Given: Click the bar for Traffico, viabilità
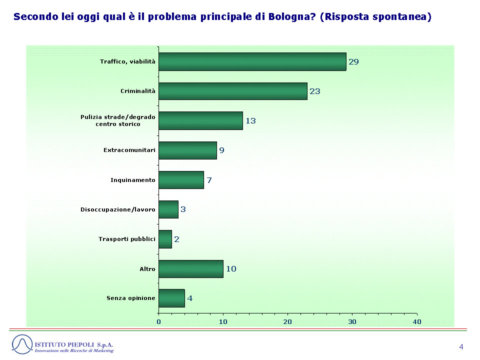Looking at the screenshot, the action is [x=252, y=61].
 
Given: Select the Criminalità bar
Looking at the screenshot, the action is [x=233, y=91].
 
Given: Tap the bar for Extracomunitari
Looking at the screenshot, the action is [x=187, y=150].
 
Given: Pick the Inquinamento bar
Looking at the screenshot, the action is [x=181, y=180].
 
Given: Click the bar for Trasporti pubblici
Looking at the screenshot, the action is [x=165, y=239].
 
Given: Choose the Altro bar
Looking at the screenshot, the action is [x=191, y=269].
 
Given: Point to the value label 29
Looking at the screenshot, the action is [x=353, y=62].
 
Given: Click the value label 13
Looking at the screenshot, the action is [x=250, y=121].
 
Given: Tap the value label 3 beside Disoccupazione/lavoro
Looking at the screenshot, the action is [x=183, y=209].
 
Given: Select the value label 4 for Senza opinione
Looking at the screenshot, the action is [x=190, y=298].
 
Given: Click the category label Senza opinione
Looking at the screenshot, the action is [x=131, y=298].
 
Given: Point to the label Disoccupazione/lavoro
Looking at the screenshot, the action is [x=118, y=209].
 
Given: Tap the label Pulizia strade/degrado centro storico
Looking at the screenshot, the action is [x=118, y=120].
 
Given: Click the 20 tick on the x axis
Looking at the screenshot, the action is [x=287, y=321].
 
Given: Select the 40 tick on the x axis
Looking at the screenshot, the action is [x=417, y=321].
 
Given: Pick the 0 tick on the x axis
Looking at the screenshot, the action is [x=158, y=321].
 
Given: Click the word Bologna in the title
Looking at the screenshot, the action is [x=291, y=17].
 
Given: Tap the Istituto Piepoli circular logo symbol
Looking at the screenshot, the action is [x=22, y=344].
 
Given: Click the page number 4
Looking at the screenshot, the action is [x=461, y=347].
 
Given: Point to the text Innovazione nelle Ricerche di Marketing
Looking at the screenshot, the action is [x=74, y=351].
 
